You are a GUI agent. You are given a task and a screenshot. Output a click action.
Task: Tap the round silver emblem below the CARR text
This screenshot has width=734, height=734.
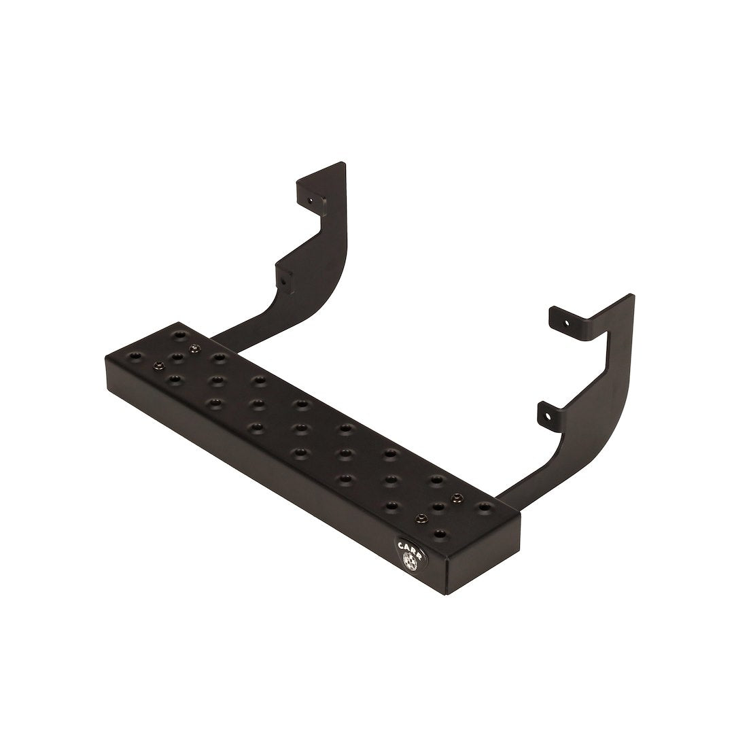coord(410,561)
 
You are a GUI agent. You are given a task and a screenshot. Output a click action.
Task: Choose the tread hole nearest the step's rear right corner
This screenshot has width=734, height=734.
coord(484,506)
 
